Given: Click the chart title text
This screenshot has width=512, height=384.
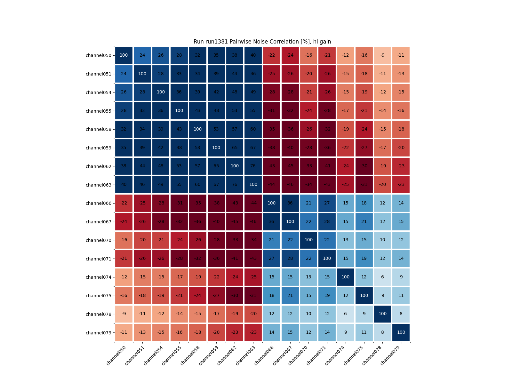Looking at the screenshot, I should (x=262, y=42).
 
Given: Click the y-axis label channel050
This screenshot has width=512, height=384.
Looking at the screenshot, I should (x=99, y=55).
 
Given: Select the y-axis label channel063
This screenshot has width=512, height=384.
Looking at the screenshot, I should (x=99, y=185).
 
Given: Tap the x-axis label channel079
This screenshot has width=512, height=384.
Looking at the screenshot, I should (x=391, y=356).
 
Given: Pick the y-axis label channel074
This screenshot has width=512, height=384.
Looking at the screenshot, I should (x=99, y=277).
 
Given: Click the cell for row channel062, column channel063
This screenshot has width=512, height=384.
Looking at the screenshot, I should (x=253, y=166).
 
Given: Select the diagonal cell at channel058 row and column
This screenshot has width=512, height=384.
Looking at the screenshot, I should (x=197, y=129).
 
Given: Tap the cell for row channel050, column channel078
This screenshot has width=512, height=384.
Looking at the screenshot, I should (x=382, y=55).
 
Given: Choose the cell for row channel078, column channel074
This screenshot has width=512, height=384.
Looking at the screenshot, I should (x=345, y=314).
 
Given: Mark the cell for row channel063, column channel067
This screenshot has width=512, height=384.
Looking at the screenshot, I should (x=290, y=185).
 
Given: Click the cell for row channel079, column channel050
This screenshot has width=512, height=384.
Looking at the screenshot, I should (x=124, y=332).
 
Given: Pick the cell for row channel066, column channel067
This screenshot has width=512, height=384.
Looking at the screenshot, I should (x=290, y=203).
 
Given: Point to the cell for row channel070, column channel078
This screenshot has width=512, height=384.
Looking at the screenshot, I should (x=382, y=240).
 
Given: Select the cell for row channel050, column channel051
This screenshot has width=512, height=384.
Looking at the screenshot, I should (x=142, y=55).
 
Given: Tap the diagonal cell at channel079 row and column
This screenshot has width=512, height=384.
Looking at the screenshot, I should (x=401, y=332).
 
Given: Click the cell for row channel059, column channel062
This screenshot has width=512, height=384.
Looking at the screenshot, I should (x=235, y=148).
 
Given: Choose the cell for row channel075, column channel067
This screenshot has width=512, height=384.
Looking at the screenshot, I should (x=290, y=296).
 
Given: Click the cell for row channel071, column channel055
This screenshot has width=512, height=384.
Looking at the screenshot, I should (x=179, y=259).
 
